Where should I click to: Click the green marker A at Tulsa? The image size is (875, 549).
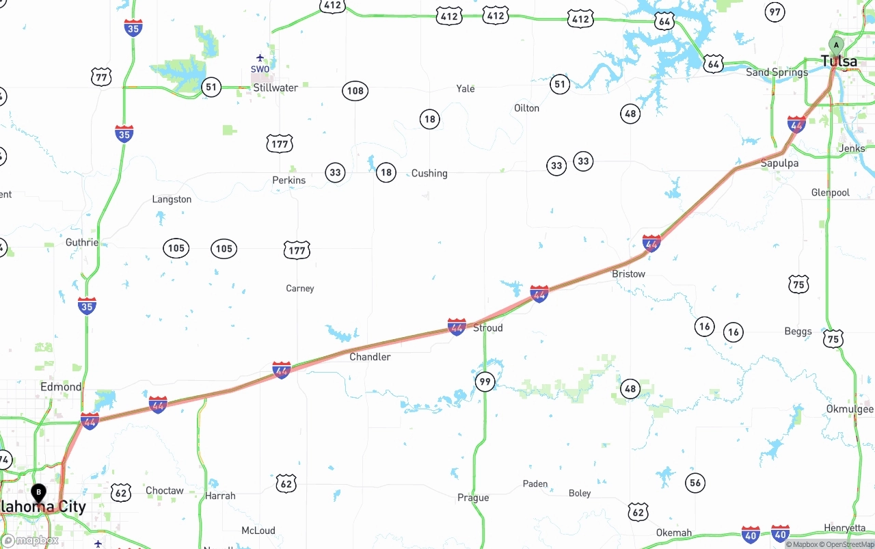835,46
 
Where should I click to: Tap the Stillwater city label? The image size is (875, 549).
275,88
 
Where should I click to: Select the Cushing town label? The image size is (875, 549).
429,173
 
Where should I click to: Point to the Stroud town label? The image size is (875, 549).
488,327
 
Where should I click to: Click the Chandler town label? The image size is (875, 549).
370,357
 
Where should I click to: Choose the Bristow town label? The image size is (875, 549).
628,273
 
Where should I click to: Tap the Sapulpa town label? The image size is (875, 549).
779,163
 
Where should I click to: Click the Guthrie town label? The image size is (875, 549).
82,242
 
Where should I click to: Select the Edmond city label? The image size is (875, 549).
61,386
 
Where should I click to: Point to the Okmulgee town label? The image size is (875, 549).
850,409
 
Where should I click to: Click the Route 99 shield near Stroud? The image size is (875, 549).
485,381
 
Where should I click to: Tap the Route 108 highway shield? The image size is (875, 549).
355,91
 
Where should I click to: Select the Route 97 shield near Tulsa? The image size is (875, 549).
775,12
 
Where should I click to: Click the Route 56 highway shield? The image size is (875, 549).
695,483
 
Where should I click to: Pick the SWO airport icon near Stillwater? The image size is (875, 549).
260,58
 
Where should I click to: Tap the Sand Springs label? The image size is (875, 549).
777,72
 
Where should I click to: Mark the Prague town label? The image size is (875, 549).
473,498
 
